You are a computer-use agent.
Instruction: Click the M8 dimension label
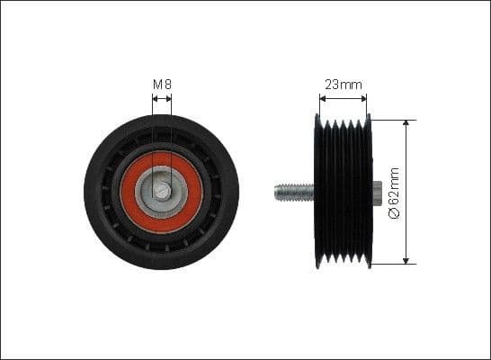point(162,85)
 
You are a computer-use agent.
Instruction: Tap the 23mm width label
point(343,85)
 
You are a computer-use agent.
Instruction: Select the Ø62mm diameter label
point(393,192)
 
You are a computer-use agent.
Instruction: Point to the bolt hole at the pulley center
point(162,191)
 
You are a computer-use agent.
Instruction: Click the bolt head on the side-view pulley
point(377,191)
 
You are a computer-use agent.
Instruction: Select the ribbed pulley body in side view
point(342,192)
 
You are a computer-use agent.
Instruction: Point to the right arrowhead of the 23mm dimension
point(365,98)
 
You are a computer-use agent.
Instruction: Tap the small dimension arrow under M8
point(162,98)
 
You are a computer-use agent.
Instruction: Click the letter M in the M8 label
point(157,85)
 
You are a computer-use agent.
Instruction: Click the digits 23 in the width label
point(332,85)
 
